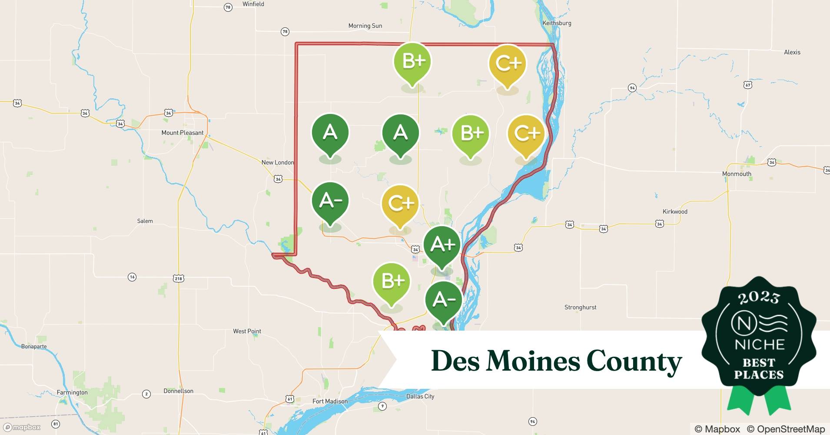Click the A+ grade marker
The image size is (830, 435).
coord(442,245)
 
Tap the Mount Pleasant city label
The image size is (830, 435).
coord(183,133)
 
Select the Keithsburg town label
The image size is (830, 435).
coord(557,23)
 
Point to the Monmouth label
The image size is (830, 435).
coord(737,174)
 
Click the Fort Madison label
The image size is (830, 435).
coord(330,401)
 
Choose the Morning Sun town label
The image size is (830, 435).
coord(365,26)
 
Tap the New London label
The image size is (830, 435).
coord(277,162)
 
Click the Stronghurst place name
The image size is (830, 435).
coord(580,307)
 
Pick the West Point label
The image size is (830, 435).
coord(247,331)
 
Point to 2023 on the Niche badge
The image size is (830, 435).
coord(759,298)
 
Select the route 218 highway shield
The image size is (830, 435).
coord(179,278)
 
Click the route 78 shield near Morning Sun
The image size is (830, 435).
coord(285,32)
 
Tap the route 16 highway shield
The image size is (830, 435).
coord(132,277)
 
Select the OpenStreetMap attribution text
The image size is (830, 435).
coord(786,429)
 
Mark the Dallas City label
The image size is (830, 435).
coord(420,396)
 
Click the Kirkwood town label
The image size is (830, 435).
coord(674,211)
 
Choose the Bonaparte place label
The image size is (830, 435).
coord(34,347)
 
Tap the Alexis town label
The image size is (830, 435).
coord(792,52)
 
